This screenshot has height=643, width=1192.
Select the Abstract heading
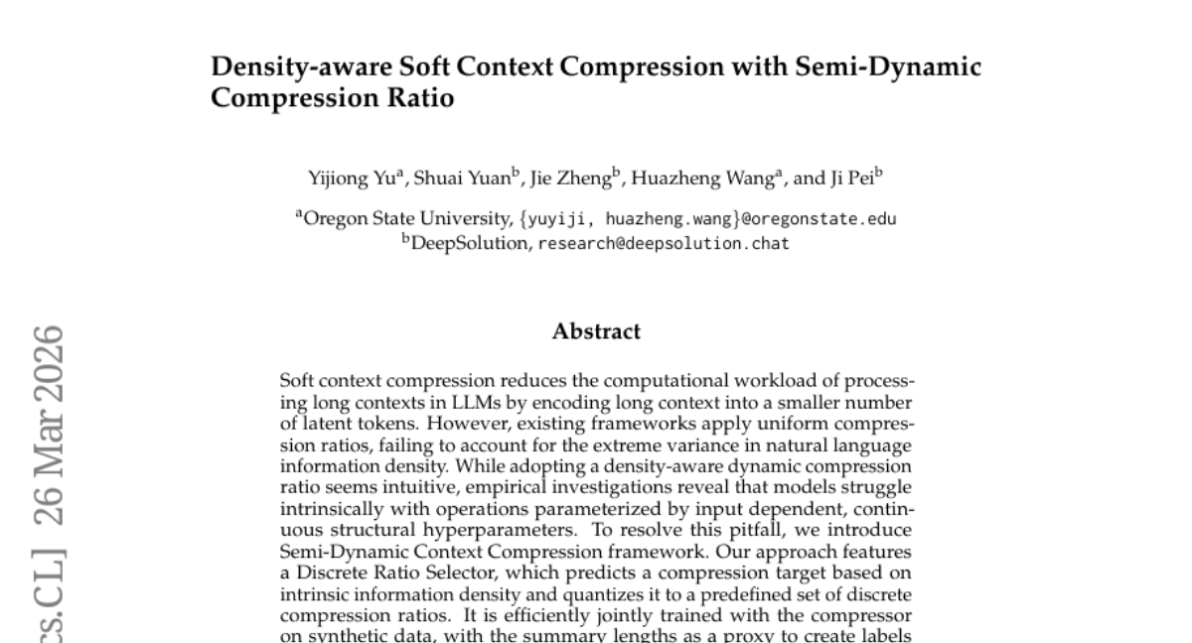coord(596,331)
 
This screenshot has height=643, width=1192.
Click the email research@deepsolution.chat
coord(664,243)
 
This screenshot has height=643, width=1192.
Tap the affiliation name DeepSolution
coord(470,243)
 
